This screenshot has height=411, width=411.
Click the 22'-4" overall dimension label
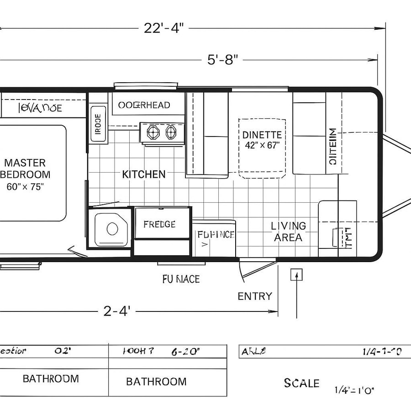pyautogui.click(x=163, y=28)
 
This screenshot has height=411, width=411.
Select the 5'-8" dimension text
pyautogui.click(x=223, y=60)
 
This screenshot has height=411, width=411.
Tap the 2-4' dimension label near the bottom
pyautogui.click(x=117, y=311)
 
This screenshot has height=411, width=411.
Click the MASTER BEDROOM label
pyautogui.click(x=25, y=169)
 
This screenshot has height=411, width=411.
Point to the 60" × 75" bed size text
pyautogui.click(x=25, y=186)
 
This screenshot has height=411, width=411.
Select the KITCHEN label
pyautogui.click(x=144, y=174)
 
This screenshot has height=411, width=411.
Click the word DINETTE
pyautogui.click(x=262, y=135)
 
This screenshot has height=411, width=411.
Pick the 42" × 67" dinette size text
pyautogui.click(x=262, y=145)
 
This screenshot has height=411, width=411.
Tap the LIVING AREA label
pyautogui.click(x=288, y=232)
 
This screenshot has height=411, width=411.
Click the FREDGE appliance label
pyautogui.click(x=159, y=224)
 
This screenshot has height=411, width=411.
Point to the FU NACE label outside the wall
pyautogui.click(x=181, y=279)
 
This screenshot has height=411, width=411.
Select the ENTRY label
pyautogui.click(x=255, y=296)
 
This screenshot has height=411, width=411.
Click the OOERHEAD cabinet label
pyautogui.click(x=144, y=105)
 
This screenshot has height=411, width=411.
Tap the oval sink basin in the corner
pyautogui.click(x=112, y=228)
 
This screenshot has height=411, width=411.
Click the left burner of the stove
pyautogui.click(x=152, y=132)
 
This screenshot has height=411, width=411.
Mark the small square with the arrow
pyautogui.click(x=297, y=274)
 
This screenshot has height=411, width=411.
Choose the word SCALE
pyautogui.click(x=301, y=383)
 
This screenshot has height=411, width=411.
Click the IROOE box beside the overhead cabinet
pyautogui.click(x=97, y=122)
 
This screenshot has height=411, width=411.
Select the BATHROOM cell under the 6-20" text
pyautogui.click(x=156, y=381)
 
